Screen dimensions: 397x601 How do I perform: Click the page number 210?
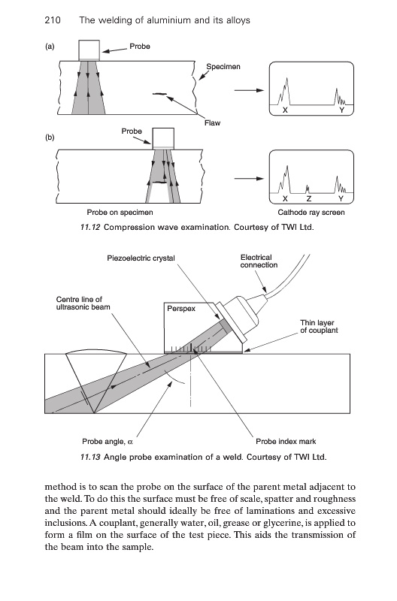pos(53,20)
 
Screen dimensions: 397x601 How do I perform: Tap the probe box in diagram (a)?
pos(89,50)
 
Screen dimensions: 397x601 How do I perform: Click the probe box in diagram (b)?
pos(163,138)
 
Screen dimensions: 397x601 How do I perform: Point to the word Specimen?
pos(223,67)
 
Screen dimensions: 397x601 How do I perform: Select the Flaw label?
pos(213,123)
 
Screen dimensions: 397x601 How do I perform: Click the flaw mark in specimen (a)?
pos(159,93)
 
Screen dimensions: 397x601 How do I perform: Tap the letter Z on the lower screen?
pos(309,198)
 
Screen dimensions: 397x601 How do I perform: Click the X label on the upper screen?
pos(285,110)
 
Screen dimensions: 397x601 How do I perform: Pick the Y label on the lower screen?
pos(341,198)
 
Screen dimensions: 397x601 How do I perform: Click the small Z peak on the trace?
pos(308,189)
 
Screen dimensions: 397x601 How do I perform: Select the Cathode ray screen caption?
pos(311,213)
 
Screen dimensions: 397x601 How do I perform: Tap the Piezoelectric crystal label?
pos(141,258)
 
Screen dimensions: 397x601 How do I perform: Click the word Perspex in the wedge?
pos(181,309)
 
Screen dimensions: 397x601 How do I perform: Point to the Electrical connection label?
pos(259,261)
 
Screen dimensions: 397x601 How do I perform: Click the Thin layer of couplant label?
pos(319,327)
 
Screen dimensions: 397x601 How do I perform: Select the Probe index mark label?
pos(286,442)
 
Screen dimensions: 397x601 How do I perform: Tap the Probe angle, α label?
pos(108,442)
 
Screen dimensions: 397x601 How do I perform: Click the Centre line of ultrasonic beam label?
pos(83,304)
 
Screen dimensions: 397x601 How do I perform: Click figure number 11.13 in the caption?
pos(90,457)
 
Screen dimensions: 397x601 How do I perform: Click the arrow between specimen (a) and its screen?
pos(250,90)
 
